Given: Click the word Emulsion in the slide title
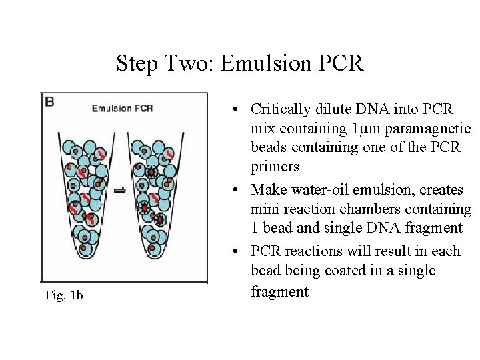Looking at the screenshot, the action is click(x=266, y=63).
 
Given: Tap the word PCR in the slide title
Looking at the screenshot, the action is click(x=341, y=63).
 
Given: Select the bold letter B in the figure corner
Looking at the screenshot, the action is click(x=49, y=102).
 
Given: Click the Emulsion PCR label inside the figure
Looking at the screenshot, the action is click(x=123, y=109).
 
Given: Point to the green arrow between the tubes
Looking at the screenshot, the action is click(x=120, y=191).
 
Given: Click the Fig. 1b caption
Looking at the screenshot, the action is click(x=64, y=295).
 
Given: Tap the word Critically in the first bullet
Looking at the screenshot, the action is click(x=281, y=109).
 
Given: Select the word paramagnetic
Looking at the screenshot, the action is click(x=427, y=129).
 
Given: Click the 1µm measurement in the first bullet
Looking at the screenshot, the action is click(x=366, y=129).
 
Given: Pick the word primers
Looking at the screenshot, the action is click(x=275, y=167).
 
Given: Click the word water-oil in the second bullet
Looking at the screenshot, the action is click(x=320, y=189).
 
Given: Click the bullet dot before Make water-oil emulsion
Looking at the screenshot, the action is click(x=235, y=190).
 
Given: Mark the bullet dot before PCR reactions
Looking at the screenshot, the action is click(x=235, y=251).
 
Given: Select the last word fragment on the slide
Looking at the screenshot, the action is click(x=279, y=291).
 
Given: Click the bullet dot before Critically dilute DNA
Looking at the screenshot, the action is click(x=235, y=109).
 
